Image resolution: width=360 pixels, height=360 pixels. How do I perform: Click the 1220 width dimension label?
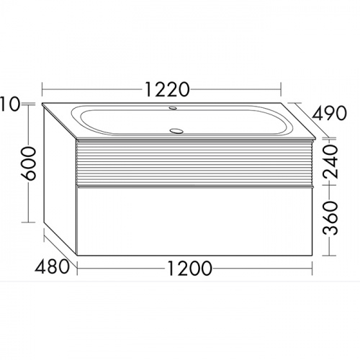point(167,89)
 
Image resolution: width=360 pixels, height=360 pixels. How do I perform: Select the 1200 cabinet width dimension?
point(189,268)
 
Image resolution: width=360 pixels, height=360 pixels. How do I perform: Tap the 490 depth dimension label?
point(329,113)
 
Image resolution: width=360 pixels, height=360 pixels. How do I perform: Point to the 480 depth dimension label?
point(52,266)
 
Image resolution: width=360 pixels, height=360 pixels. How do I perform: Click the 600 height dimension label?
point(28,163)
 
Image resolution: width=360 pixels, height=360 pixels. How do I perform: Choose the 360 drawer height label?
point(330,218)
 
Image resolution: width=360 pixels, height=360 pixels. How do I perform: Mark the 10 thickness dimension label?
point(9,104)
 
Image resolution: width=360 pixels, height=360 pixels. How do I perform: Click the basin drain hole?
point(176,131)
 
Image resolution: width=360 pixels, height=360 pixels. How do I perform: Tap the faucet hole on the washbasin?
point(173,108)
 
